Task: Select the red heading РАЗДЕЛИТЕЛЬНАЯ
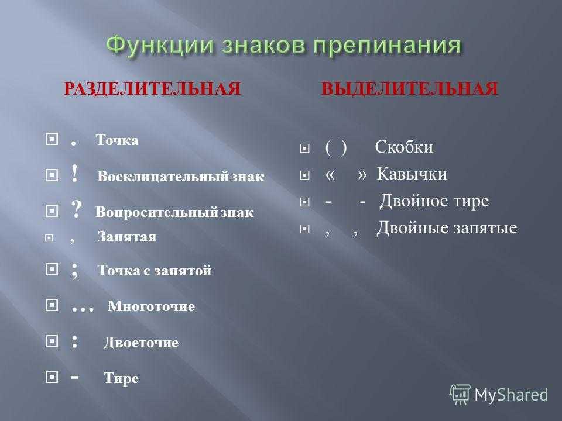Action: click(x=152, y=89)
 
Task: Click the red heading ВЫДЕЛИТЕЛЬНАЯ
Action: click(x=410, y=89)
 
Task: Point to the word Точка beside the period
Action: click(x=117, y=140)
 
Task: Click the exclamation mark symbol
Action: click(x=74, y=174)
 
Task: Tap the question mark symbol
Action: click(x=76, y=209)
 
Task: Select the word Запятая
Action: click(x=127, y=237)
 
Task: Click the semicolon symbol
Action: click(x=74, y=270)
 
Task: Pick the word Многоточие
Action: click(x=151, y=306)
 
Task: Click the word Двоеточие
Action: click(x=141, y=343)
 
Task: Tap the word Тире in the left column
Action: click(x=121, y=378)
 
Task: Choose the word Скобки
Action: click(x=404, y=147)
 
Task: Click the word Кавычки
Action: click(x=412, y=174)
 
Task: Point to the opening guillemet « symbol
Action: click(x=330, y=175)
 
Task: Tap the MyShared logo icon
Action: click(x=460, y=394)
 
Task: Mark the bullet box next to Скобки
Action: click(x=304, y=148)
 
